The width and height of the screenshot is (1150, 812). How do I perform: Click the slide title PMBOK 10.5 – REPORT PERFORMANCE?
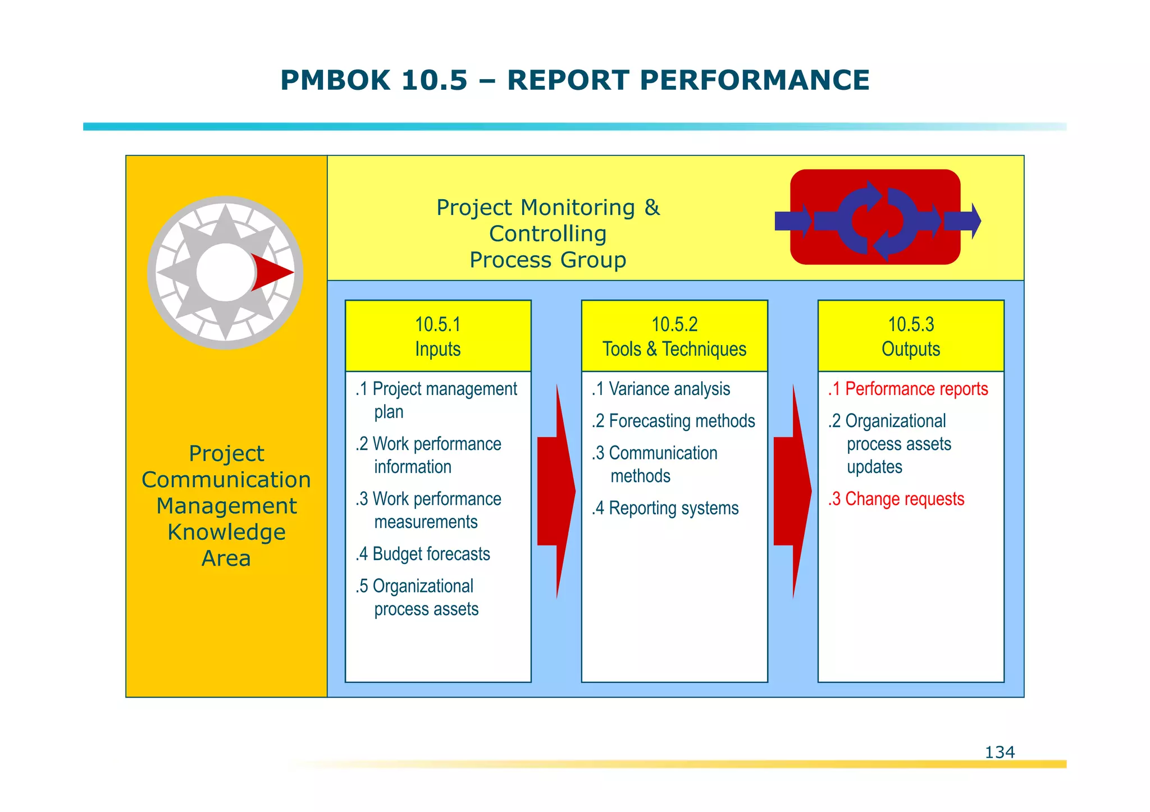(574, 80)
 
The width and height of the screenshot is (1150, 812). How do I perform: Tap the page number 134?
(1000, 752)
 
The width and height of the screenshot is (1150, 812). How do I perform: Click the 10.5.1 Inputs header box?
(438, 336)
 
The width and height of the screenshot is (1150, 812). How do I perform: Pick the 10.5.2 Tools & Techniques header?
(674, 336)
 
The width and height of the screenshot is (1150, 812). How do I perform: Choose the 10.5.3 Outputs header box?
(911, 336)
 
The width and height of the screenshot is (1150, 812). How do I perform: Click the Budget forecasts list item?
(423, 554)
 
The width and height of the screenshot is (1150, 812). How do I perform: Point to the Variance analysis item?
(661, 389)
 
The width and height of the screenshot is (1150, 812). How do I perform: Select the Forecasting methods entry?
(674, 421)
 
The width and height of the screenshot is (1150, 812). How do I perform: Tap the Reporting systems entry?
(665, 508)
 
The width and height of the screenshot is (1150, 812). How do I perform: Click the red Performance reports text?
(908, 389)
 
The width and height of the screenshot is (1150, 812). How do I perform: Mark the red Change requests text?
(896, 499)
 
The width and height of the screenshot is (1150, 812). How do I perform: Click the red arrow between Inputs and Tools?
(556, 491)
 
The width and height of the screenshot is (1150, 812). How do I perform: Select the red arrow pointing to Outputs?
(792, 491)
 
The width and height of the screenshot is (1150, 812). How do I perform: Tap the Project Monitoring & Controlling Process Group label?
(548, 233)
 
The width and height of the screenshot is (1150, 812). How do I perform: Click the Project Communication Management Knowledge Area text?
(226, 506)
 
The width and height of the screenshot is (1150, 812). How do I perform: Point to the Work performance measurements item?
(428, 510)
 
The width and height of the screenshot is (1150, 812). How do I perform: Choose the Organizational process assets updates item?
(890, 444)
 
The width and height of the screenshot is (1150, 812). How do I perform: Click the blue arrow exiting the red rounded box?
(962, 221)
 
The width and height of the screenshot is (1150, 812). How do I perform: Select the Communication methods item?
(655, 464)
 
